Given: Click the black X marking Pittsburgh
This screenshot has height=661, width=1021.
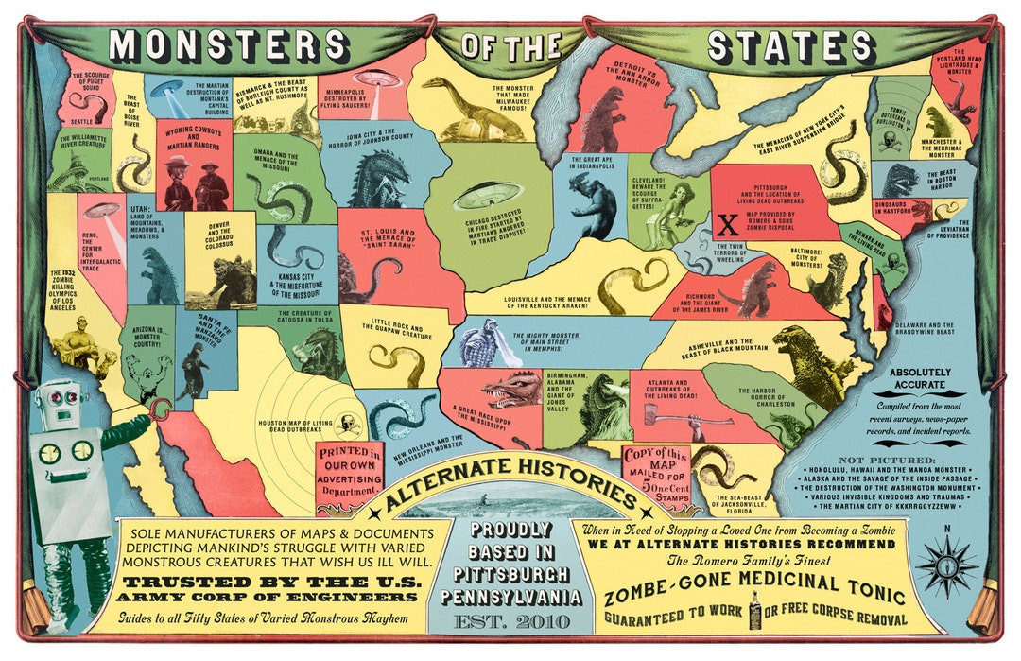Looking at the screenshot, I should click(x=728, y=224).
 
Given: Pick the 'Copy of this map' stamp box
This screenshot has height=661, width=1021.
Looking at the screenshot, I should click(x=654, y=468).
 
